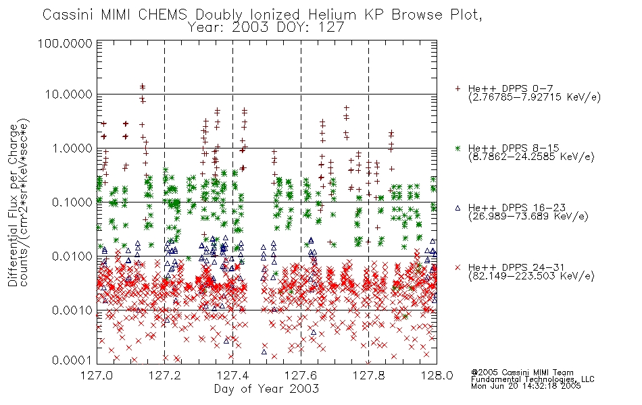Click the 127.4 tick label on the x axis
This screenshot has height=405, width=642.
point(232,375)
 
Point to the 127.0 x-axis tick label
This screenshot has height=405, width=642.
point(97,375)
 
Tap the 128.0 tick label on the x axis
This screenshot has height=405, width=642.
point(437,375)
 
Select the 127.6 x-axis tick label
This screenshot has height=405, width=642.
point(301,375)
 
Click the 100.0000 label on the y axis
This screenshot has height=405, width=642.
point(65,43)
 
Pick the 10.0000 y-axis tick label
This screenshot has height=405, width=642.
point(68,94)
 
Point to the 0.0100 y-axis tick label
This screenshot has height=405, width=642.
point(72,256)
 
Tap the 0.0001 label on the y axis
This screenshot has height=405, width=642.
point(72,360)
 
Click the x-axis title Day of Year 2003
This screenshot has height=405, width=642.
point(266,389)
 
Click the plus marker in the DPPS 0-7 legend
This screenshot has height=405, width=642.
point(458,88)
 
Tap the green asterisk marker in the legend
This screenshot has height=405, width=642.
point(458,148)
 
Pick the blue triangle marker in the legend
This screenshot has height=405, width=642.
point(458,208)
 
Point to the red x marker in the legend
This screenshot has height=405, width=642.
point(458,267)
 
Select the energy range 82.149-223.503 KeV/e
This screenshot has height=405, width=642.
point(531,276)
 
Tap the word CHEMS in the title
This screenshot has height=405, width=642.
point(162,15)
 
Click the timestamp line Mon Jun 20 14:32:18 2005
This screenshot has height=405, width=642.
point(526,386)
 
